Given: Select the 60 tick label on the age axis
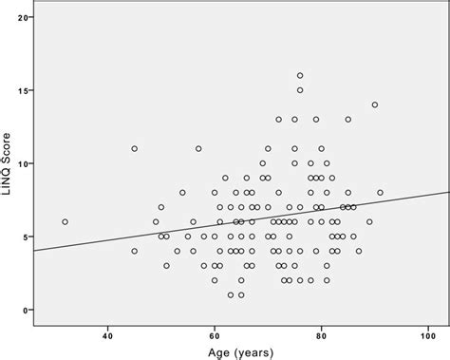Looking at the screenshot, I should point(215,334).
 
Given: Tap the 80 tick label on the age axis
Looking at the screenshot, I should point(322,334).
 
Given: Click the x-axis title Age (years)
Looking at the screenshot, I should point(237,352).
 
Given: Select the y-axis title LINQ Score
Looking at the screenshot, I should point(8,167).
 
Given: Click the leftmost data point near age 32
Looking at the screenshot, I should point(65,221).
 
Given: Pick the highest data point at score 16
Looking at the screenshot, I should point(300,75).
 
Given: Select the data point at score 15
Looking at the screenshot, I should point(300,90).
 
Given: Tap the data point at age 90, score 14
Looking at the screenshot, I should point(375,104).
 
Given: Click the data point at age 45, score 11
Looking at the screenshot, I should point(135,148).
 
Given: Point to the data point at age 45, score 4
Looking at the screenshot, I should point(135,251).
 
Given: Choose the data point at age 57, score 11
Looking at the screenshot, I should point(198,148).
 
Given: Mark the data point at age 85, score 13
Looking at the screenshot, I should point(348,120).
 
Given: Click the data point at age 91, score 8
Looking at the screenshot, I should point(381,193).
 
